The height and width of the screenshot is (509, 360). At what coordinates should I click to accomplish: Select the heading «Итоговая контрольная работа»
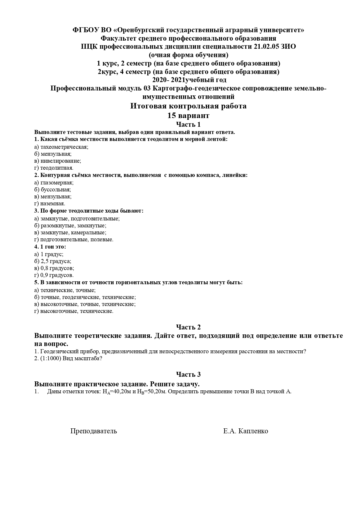pos(188,106)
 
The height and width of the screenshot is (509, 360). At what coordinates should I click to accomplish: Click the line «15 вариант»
pos(188,116)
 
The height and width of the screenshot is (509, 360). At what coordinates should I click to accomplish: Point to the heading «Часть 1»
pos(188,125)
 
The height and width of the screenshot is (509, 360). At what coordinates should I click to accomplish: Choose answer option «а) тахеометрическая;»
pos(61,147)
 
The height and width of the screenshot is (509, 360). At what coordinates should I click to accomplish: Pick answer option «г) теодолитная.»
pos(54,168)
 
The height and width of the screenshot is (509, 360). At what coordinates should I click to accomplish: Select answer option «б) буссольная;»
pos(53,189)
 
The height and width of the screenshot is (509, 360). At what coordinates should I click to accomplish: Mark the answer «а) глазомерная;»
pos(54,182)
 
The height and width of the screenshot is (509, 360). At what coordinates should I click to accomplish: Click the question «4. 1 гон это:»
pos(50,247)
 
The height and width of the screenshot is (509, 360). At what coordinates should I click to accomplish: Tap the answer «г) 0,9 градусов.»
pos(54,275)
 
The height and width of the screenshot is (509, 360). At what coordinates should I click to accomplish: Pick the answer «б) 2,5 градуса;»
pos(53,261)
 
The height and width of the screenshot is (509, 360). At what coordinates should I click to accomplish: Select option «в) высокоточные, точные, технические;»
pos(85,304)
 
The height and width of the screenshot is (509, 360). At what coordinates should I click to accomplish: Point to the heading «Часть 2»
pos(188,327)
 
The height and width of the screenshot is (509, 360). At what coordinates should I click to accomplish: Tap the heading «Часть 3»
pos(188,374)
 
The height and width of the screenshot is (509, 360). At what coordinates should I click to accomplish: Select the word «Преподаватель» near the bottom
pos(93,431)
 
